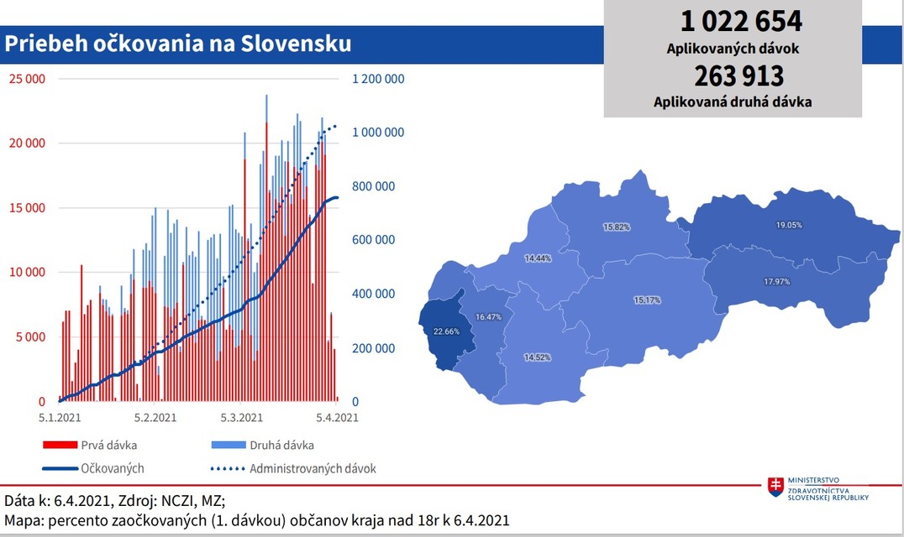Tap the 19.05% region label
[x=788, y=225]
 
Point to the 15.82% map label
[x=616, y=227]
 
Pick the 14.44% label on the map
[x=538, y=258]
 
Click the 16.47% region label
[x=488, y=317]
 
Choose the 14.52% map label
[x=538, y=357]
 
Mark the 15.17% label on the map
[x=646, y=300]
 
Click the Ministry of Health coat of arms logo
[x=775, y=485]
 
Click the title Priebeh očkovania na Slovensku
[x=178, y=43]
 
